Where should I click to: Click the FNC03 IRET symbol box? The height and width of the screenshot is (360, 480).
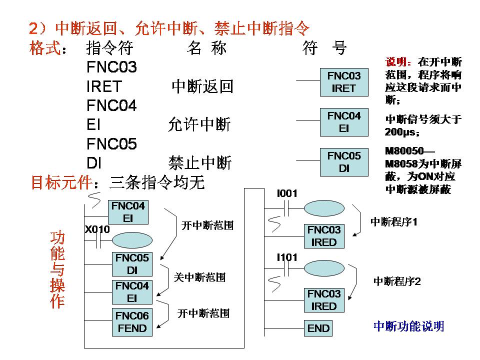tap(343, 82)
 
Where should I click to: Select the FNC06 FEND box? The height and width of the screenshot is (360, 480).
tap(132, 322)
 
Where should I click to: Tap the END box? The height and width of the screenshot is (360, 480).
tap(318, 328)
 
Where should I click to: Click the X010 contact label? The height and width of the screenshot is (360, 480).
tap(97, 229)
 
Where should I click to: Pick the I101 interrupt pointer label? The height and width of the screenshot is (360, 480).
tap(287, 257)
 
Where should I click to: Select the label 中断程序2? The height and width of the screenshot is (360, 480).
tap(397, 281)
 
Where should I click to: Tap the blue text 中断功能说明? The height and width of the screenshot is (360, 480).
tap(408, 326)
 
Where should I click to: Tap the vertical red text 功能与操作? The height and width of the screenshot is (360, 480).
tap(57, 269)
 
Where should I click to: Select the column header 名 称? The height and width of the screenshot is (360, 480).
tap(206, 48)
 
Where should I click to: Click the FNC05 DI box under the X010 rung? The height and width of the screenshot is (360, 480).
tap(132, 264)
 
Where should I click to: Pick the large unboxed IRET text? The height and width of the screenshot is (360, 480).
tap(104, 86)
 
